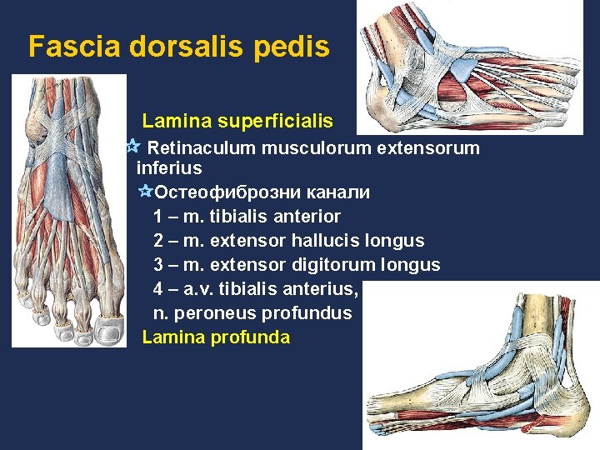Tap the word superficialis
click(275, 122)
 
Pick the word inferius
click(168, 168)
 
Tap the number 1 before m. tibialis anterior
click(158, 217)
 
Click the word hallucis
click(326, 241)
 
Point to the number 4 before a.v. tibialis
click(158, 289)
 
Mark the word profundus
click(307, 313)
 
